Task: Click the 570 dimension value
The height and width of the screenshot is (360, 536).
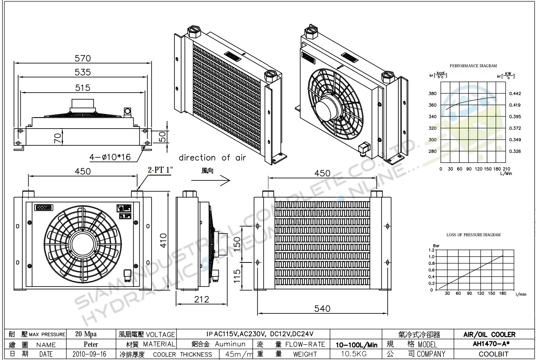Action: click(83, 58)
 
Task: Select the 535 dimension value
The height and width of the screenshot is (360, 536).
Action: click(83, 72)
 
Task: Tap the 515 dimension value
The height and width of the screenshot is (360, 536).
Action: click(83, 88)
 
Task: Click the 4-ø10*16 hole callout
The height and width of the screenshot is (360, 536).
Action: click(110, 157)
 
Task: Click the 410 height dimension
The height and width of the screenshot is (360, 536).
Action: click(163, 240)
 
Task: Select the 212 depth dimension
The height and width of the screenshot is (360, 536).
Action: click(201, 299)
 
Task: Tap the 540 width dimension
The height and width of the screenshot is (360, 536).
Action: click(322, 309)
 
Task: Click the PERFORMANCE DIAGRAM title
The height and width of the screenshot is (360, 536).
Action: click(473, 66)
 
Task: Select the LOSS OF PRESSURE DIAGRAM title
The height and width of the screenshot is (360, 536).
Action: click(473, 235)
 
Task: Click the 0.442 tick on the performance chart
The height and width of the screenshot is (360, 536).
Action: click(515, 93)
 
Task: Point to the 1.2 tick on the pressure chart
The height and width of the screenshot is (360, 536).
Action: click(432, 250)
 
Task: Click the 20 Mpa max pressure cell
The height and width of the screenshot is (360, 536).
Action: click(86, 334)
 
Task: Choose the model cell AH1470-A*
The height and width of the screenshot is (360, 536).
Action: click(489, 344)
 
